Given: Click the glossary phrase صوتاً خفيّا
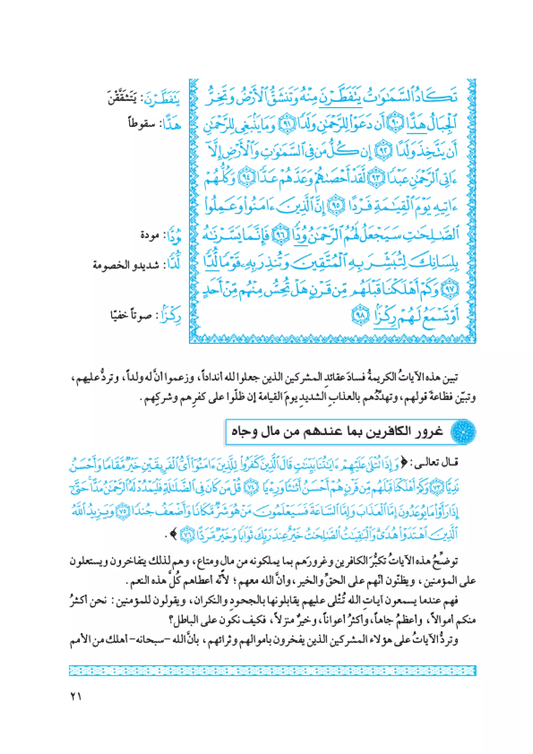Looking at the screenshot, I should [x=130, y=316].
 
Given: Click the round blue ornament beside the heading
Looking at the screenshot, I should [x=464, y=432].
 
